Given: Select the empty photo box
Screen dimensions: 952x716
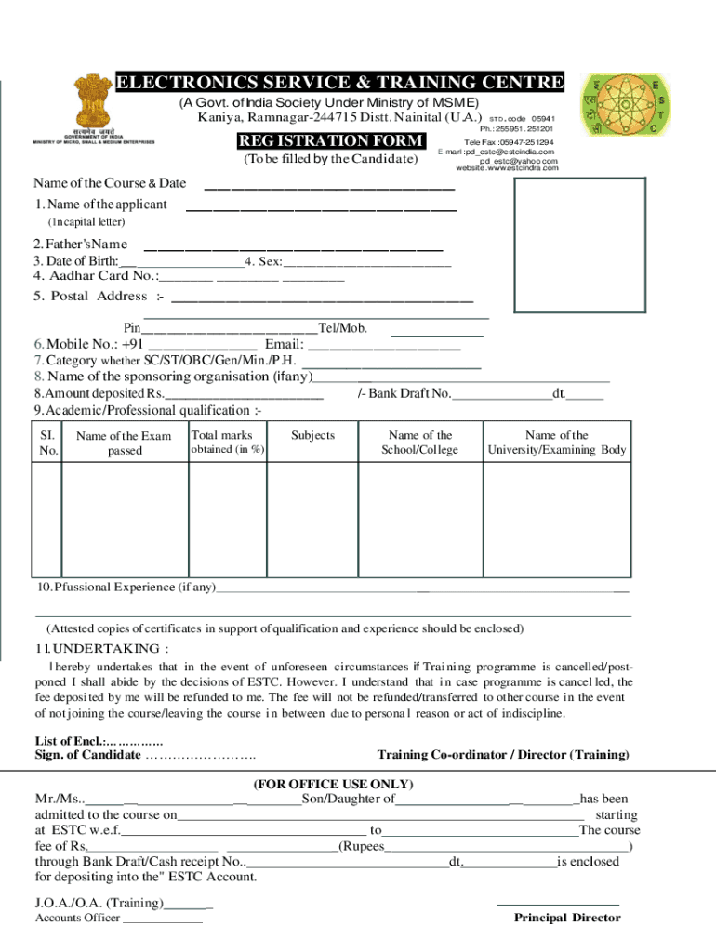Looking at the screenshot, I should click(x=578, y=247).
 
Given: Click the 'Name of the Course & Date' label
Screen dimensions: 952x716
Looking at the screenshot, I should click(x=110, y=182).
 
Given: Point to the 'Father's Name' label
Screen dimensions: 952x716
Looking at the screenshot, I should click(x=81, y=244).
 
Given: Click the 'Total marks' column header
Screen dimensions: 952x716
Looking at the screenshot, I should click(x=221, y=435).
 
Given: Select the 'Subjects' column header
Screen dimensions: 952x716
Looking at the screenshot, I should click(x=312, y=435).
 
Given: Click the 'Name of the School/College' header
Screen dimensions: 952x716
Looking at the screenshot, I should click(x=420, y=443).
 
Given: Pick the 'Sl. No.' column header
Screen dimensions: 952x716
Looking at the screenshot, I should click(x=48, y=443).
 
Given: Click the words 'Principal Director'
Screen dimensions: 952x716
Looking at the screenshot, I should click(x=567, y=918).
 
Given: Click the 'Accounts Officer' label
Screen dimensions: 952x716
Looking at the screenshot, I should click(x=77, y=919).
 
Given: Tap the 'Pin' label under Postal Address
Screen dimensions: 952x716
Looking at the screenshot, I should click(x=132, y=328).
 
